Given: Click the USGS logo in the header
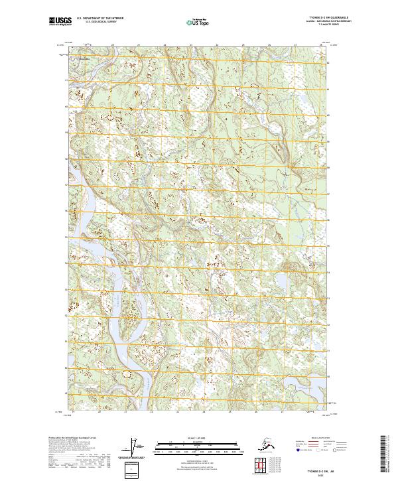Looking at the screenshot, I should [x=60, y=22].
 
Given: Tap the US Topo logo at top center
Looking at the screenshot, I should [x=196, y=23].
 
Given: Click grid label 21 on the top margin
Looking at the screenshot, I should [x=139, y=45].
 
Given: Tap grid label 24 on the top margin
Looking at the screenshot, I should [x=217, y=45].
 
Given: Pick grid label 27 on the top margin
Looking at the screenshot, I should [x=296, y=45].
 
